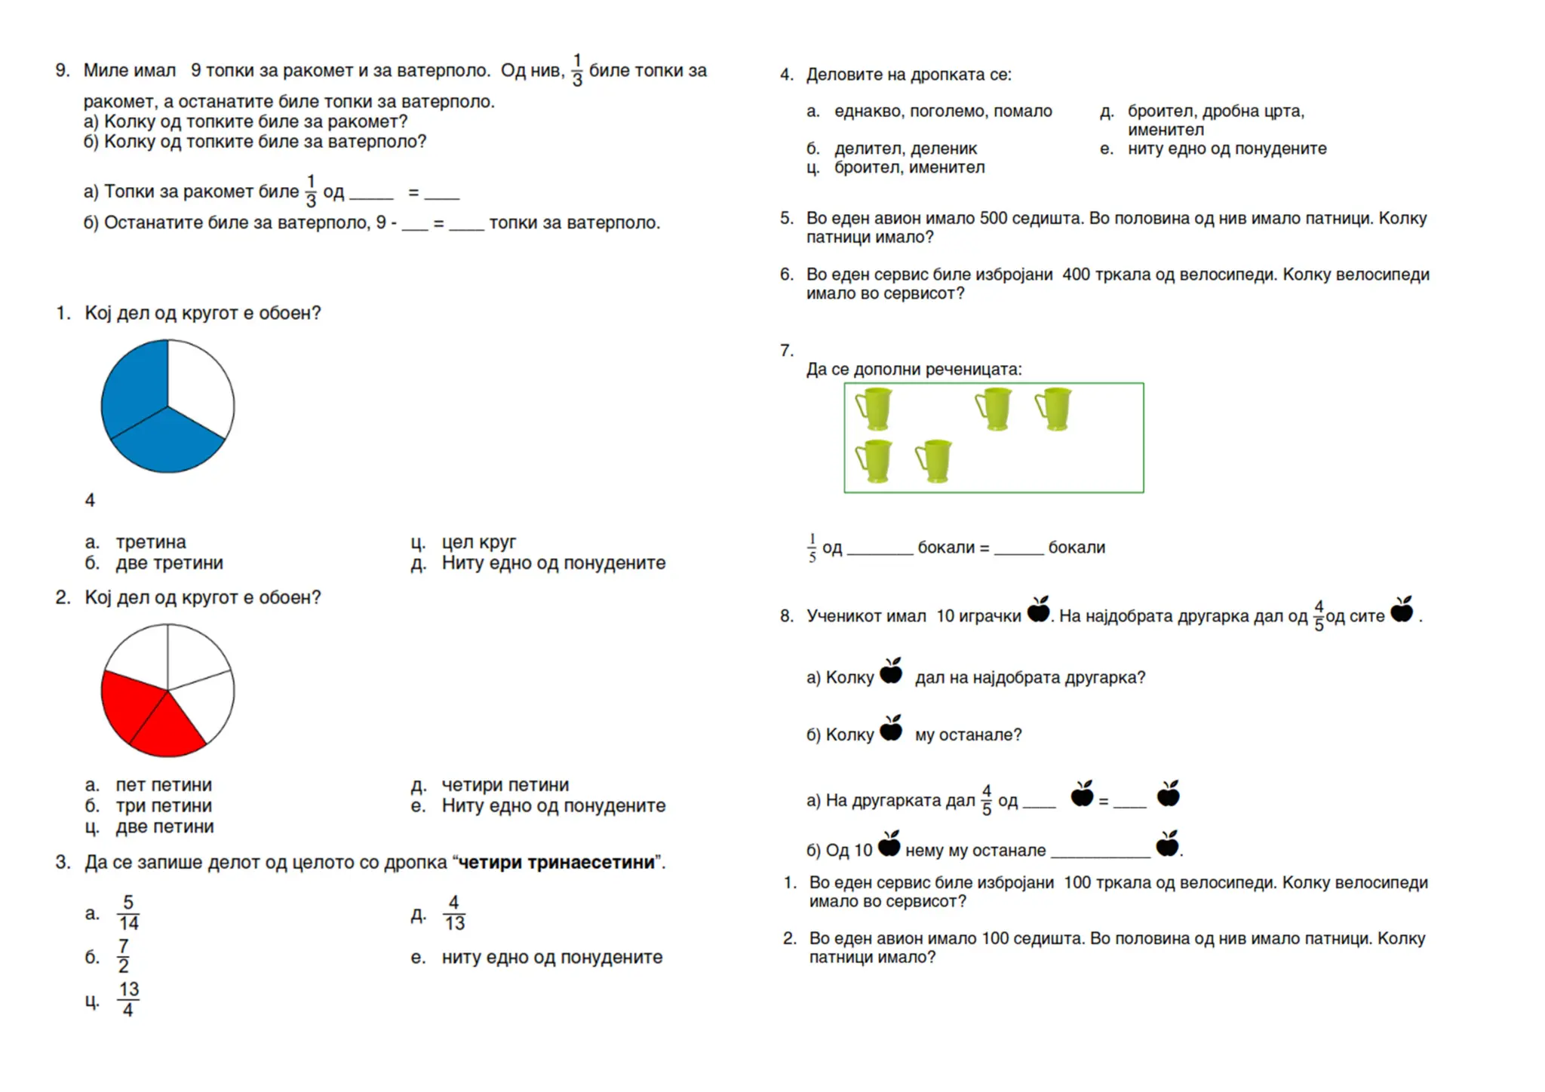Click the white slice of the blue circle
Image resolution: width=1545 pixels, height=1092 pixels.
[200, 385]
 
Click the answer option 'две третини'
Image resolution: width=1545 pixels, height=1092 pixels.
[169, 563]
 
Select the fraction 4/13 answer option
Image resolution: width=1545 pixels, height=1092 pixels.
[453, 913]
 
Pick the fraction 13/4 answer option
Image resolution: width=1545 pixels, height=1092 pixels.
[128, 1000]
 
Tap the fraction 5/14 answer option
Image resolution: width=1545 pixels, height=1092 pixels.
[128, 913]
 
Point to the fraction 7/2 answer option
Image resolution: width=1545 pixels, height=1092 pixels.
[124, 956]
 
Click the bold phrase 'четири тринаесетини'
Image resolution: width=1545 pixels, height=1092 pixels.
[556, 863]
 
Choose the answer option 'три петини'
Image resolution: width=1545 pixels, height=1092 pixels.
[164, 806]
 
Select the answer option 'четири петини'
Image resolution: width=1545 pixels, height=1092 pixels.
[505, 785]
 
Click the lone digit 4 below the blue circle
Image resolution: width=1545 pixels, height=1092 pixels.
[90, 501]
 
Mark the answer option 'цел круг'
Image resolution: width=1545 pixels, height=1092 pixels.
[478, 542]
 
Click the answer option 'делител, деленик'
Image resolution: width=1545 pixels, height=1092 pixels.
[905, 149]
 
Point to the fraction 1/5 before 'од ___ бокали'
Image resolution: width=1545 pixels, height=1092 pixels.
[812, 548]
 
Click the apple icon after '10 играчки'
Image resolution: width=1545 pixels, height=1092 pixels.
[1039, 610]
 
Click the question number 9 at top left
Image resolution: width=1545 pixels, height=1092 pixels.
[61, 71]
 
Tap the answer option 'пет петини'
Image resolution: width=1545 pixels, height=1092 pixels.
[164, 785]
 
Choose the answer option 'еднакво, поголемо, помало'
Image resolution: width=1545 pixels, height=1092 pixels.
[943, 112]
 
